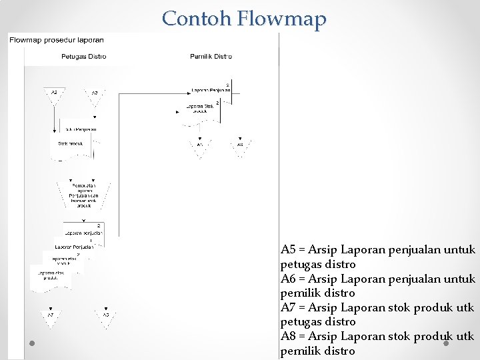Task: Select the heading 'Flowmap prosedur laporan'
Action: pos(56,40)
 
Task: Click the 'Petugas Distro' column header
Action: pos(83,57)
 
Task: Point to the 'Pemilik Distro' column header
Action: pos(211,57)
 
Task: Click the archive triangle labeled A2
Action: pos(54,95)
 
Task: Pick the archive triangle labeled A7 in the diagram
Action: pos(51,316)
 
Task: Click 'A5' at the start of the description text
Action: pos(288,250)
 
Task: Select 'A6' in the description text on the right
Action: pos(288,279)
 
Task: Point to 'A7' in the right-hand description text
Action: pos(288,307)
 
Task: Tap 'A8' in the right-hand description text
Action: pos(288,336)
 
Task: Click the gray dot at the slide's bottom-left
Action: pos(32,344)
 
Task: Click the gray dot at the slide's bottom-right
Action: pos(446,344)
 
